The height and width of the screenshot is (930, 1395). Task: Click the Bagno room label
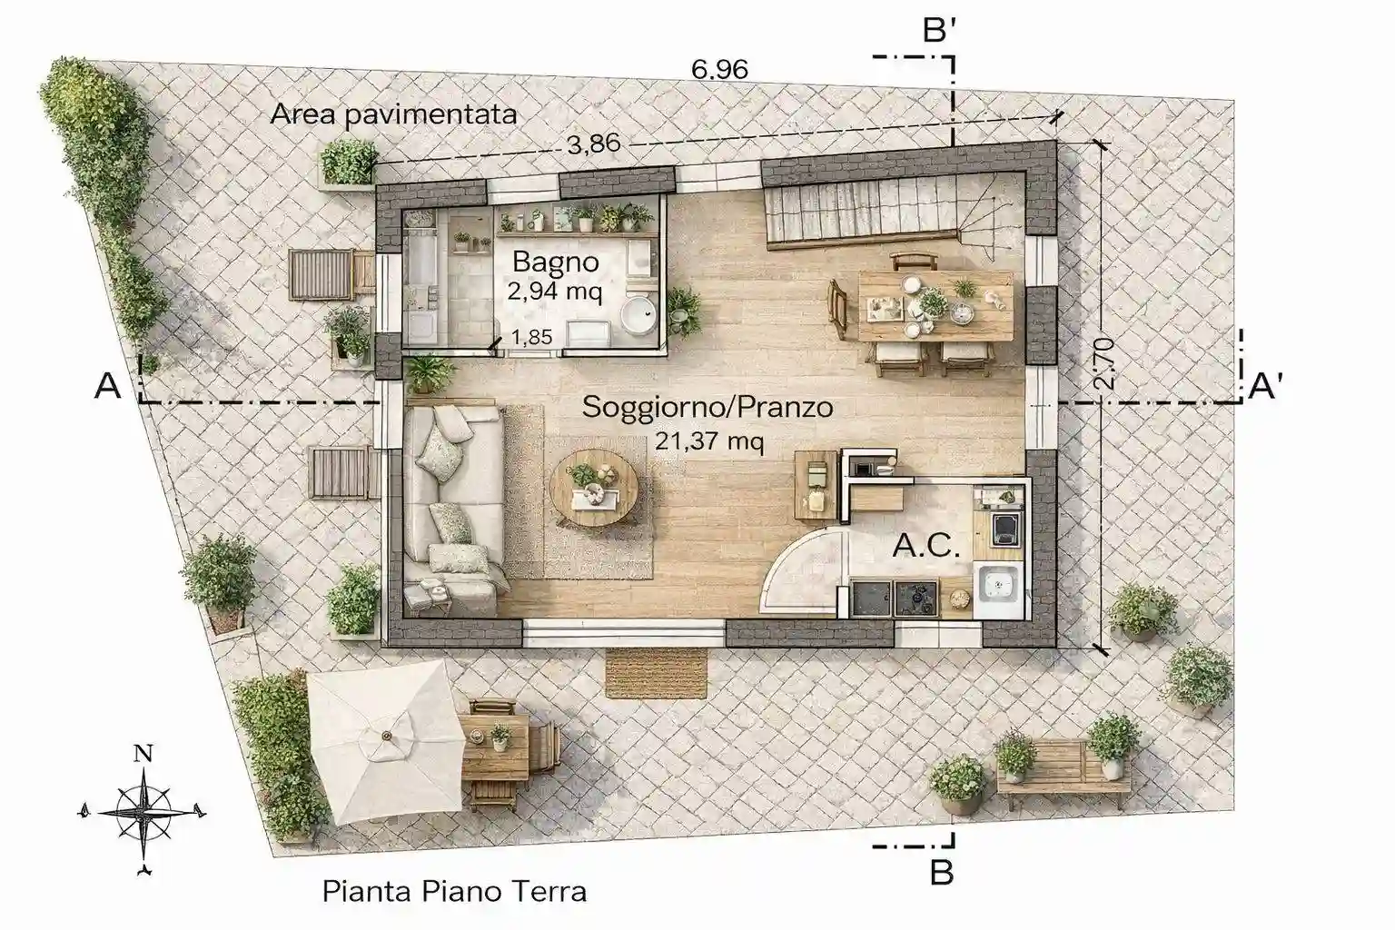(556, 262)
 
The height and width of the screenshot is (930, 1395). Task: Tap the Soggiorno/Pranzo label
(707, 408)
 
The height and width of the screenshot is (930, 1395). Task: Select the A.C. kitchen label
(926, 546)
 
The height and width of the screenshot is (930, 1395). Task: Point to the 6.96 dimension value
(720, 69)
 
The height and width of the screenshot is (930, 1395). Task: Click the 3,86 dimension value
(593, 143)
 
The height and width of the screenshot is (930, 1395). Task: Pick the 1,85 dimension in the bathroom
(531, 337)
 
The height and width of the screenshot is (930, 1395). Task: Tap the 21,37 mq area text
(709, 441)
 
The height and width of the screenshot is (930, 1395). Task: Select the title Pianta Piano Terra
(455, 891)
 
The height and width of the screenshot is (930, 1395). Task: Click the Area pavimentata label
(393, 114)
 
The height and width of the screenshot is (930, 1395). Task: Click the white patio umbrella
(386, 742)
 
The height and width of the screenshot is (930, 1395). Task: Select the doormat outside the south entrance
(657, 673)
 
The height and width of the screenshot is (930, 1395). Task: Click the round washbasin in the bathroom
(638, 315)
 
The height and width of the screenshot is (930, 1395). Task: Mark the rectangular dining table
(935, 306)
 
